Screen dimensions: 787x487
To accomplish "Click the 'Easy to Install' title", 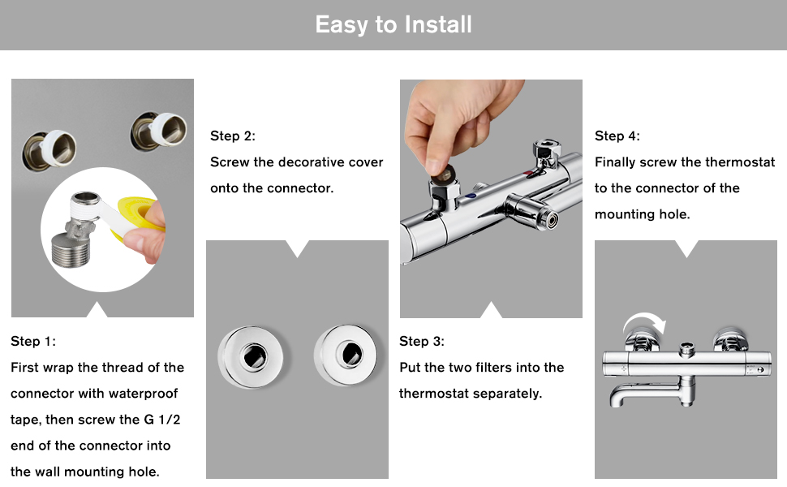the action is pyautogui.click(x=393, y=24).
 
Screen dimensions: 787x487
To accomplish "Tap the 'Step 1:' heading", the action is pyautogui.click(x=33, y=342).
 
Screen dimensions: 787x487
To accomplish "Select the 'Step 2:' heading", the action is pyautogui.click(x=232, y=136).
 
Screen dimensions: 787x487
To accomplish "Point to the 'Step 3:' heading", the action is pyautogui.click(x=422, y=342).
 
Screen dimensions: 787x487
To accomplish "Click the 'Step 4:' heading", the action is pyautogui.click(x=617, y=136).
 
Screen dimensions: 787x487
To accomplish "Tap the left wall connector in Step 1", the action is pyautogui.click(x=49, y=149).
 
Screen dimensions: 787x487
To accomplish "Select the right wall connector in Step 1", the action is pyautogui.click(x=158, y=131).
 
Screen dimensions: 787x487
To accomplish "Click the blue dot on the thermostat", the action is pyautogui.click(x=471, y=196).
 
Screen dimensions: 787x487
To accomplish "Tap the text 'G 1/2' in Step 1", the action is pyautogui.click(x=162, y=419).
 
